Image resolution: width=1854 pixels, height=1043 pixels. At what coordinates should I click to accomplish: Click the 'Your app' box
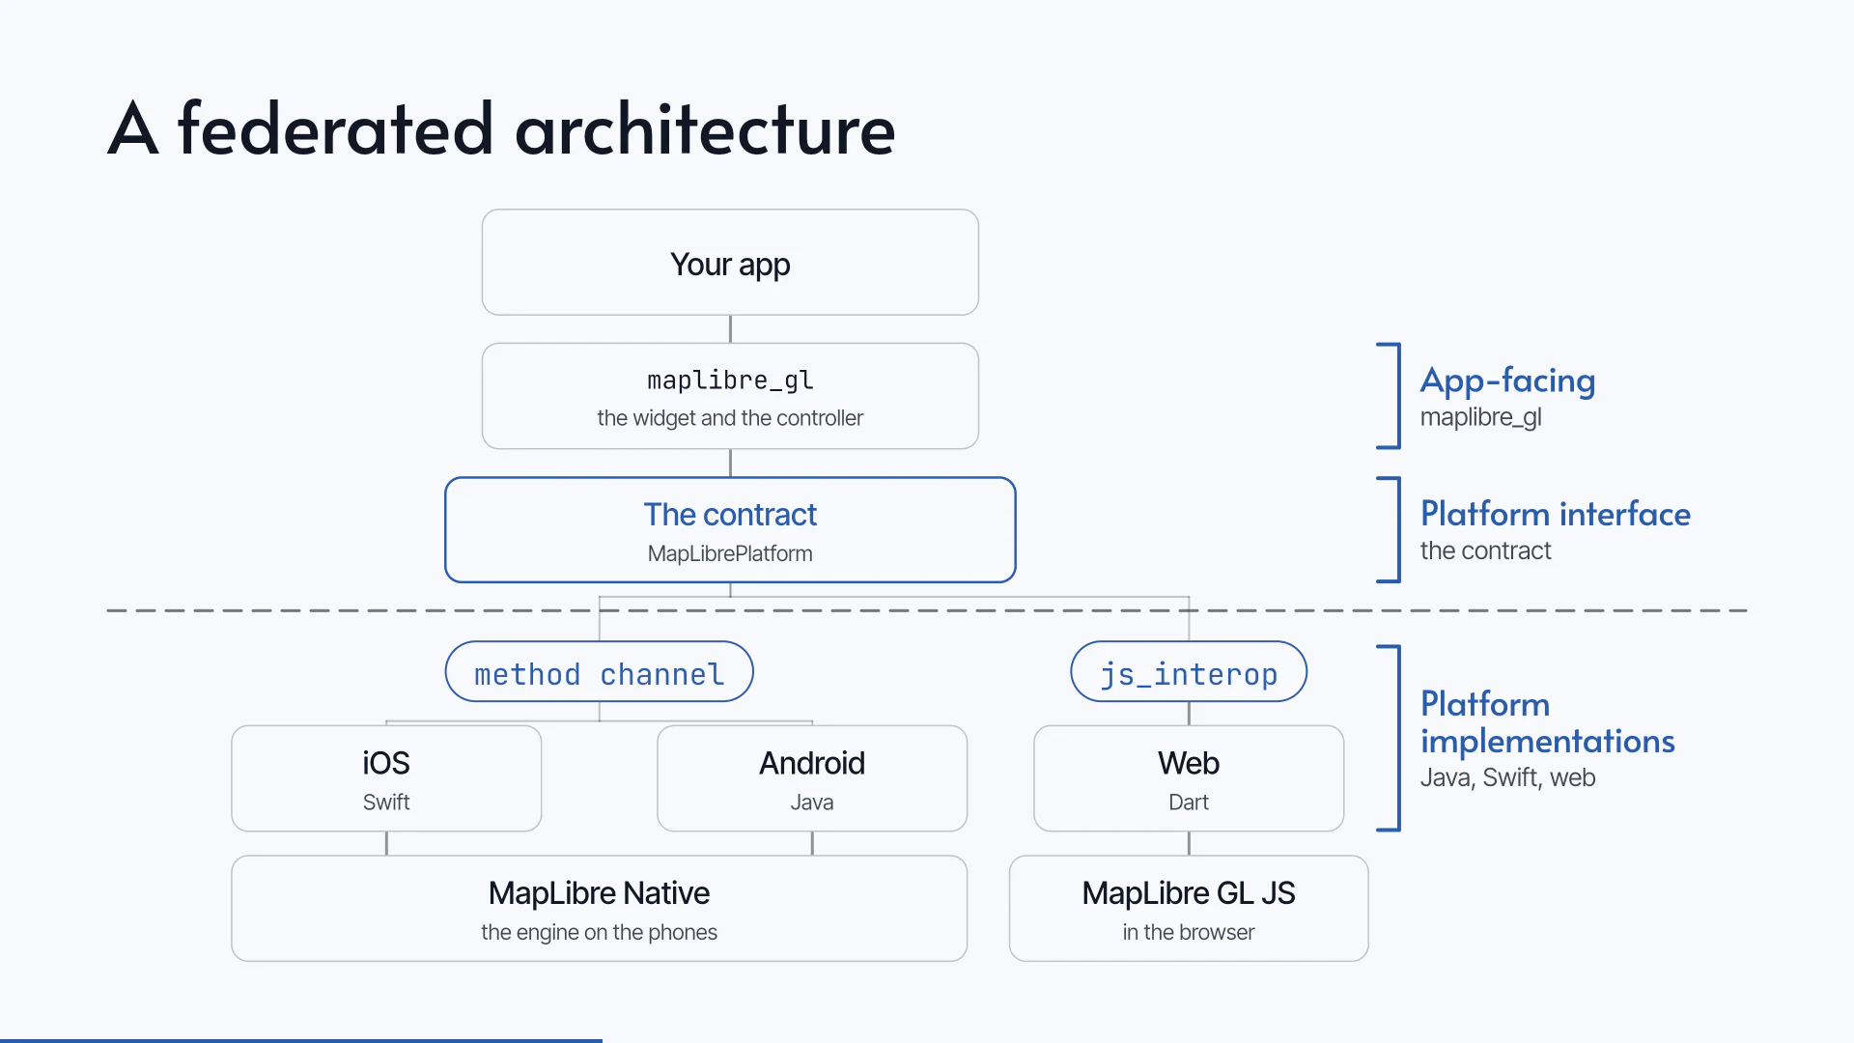(730, 263)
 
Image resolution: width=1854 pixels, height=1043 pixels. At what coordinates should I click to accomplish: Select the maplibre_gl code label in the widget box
(730, 381)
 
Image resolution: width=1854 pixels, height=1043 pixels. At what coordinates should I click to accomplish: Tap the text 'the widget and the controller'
(730, 418)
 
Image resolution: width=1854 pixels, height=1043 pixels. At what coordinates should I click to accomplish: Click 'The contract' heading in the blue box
(730, 515)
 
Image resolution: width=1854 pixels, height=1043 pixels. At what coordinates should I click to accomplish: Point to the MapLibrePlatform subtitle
(730, 553)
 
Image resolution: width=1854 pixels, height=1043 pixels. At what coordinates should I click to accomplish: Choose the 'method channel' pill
(599, 672)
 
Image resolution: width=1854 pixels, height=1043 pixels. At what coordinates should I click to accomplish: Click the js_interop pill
(1189, 672)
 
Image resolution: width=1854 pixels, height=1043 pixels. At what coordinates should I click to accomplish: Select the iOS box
(386, 778)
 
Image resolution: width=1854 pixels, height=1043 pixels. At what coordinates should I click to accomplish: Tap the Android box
(812, 778)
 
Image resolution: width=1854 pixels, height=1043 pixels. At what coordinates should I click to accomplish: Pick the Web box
(1189, 778)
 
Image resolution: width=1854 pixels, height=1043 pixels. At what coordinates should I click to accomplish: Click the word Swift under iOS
(386, 803)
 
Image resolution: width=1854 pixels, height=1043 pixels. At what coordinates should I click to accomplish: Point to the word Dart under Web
(1189, 803)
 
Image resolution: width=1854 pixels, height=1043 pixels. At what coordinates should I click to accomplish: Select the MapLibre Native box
(599, 909)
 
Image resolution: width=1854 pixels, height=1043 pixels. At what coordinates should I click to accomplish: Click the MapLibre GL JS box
(1189, 909)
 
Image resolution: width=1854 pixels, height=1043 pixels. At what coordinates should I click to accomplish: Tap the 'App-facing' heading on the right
(1507, 381)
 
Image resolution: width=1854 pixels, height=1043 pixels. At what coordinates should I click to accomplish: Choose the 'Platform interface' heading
(1556, 514)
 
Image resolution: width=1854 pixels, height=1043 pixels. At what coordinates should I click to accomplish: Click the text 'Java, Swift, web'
(1507, 777)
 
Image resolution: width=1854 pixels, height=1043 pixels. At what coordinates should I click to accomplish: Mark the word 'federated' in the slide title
(335, 128)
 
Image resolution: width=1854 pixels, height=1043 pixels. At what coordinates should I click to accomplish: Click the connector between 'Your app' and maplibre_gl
(730, 329)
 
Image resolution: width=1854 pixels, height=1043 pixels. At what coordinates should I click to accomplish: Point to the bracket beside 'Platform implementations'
(1398, 738)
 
